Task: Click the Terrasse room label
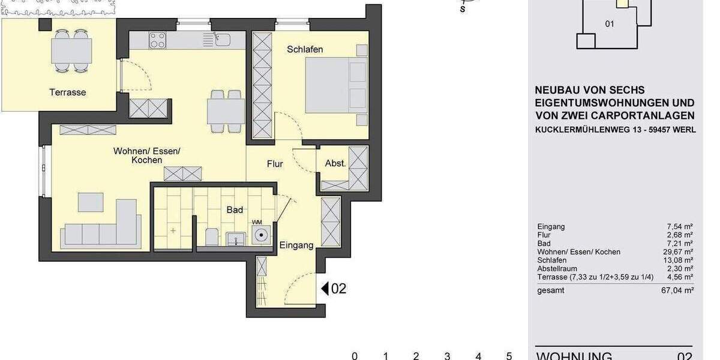coord(68,92)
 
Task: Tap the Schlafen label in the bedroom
coord(305,49)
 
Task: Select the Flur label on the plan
coord(275,163)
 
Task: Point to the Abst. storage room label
coord(335,163)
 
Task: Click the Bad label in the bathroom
coord(235,210)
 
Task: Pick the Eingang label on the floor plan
coord(296,245)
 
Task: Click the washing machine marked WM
coord(260,235)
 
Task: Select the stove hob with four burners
coord(158,40)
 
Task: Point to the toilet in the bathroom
coord(211,237)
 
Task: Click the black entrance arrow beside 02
coord(325,289)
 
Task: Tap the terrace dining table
coord(71,49)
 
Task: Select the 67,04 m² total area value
coord(680,290)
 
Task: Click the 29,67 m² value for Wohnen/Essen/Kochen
coord(680,252)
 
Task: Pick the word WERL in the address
coord(684,129)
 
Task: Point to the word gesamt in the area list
coord(551,290)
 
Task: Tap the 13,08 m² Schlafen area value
coord(680,260)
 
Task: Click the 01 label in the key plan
coord(610,25)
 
